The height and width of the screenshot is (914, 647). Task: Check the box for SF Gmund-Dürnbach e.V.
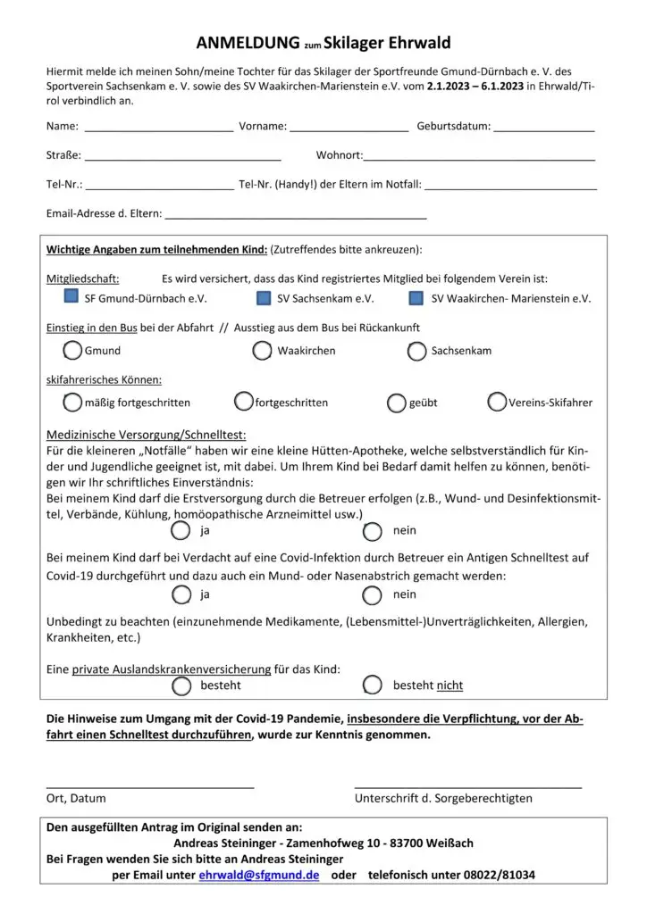pyautogui.click(x=71, y=298)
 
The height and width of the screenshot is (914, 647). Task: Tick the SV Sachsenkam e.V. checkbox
pyautogui.click(x=264, y=298)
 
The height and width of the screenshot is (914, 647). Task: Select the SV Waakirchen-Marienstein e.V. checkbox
pyautogui.click(x=416, y=298)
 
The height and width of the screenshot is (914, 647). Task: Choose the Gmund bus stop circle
pyautogui.click(x=72, y=351)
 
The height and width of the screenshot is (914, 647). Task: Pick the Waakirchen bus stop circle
pyautogui.click(x=262, y=351)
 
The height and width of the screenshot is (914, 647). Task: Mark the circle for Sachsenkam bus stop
pyautogui.click(x=416, y=351)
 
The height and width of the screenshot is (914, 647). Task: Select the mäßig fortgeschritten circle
pyautogui.click(x=71, y=403)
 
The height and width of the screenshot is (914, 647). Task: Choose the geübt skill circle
pyautogui.click(x=397, y=403)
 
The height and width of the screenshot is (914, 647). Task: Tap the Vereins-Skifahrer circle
pyautogui.click(x=497, y=403)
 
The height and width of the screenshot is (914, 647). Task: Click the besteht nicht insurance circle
pyautogui.click(x=374, y=685)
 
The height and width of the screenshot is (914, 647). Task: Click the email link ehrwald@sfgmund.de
pyautogui.click(x=259, y=876)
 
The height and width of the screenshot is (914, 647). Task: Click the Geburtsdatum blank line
pyautogui.click(x=543, y=130)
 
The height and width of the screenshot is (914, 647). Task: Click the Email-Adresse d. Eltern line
pyautogui.click(x=296, y=217)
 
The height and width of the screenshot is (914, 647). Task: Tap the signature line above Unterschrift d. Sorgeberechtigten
pyautogui.click(x=468, y=785)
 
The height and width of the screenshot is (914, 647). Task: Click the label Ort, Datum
pyautogui.click(x=76, y=799)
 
